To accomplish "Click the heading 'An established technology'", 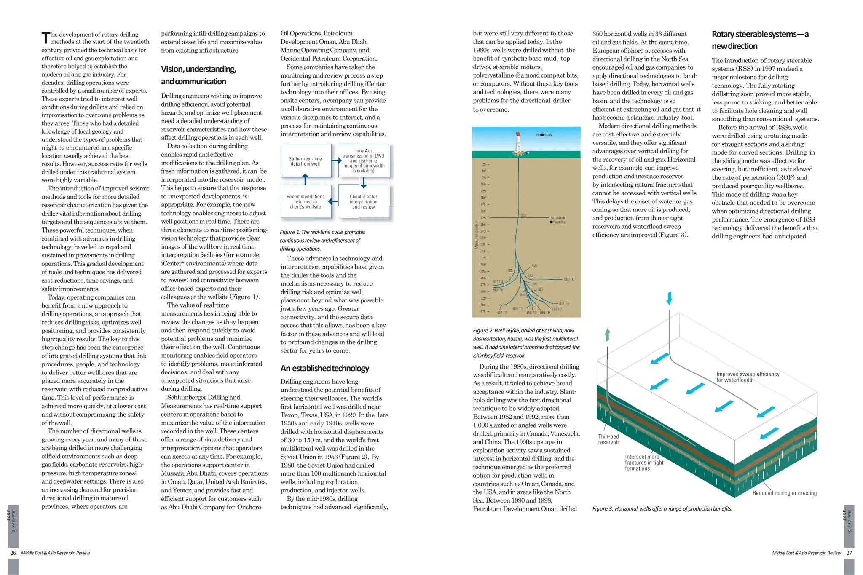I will (x=324, y=368).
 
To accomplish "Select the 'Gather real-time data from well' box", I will (x=305, y=161).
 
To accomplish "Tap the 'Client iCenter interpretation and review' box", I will (x=363, y=202).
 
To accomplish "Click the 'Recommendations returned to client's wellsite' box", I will (x=306, y=202).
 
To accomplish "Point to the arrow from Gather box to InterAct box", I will (x=336, y=160).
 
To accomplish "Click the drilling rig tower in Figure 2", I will (x=518, y=142).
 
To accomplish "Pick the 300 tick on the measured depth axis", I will (x=483, y=238).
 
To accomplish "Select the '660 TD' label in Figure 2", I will (x=569, y=279).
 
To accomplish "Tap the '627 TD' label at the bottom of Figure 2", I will (x=502, y=313).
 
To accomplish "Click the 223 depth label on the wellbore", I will (x=523, y=215).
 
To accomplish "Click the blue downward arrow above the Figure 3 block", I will (x=669, y=298).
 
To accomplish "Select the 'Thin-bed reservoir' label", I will (x=608, y=439).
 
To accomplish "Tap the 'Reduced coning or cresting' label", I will (x=784, y=493).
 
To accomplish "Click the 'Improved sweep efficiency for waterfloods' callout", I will (x=748, y=377).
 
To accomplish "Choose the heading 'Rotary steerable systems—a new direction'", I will (x=760, y=40).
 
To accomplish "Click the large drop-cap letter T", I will (x=46, y=38).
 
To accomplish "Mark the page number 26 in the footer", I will (x=13, y=553).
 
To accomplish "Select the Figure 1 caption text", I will (x=322, y=240).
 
